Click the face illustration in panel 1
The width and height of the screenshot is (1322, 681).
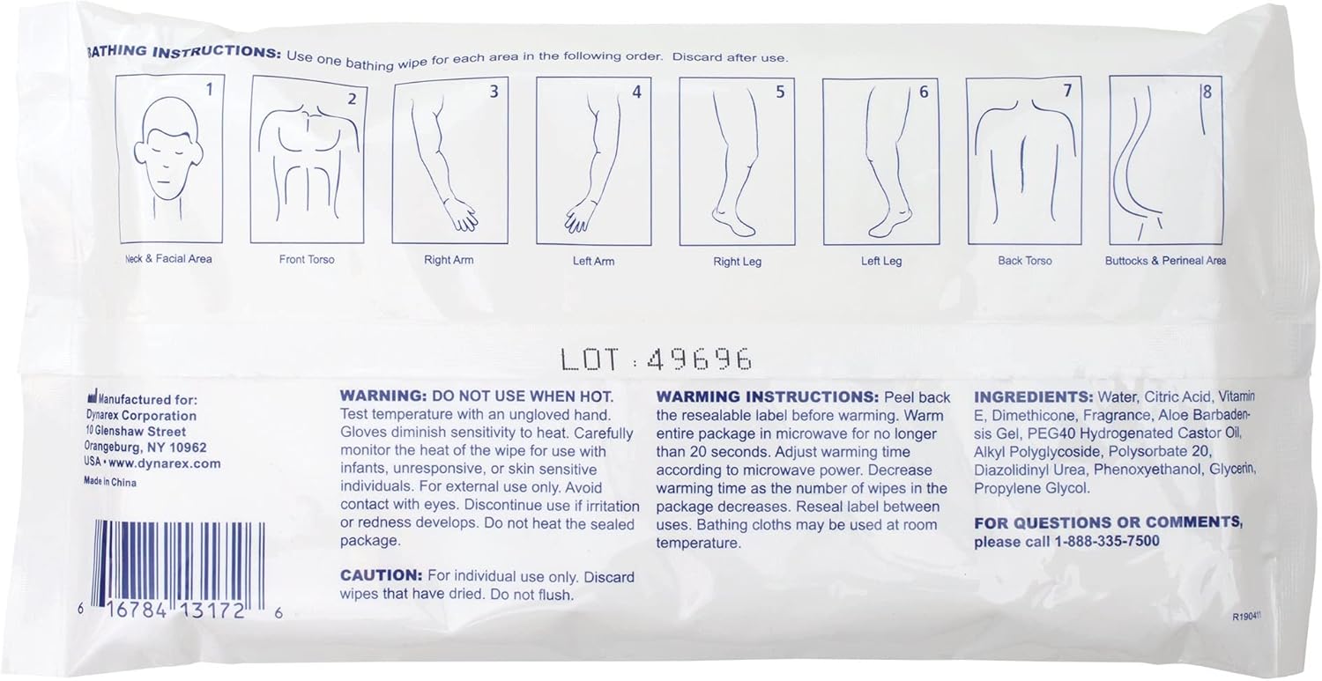click(x=169, y=157)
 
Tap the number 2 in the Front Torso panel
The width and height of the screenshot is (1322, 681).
click(x=352, y=99)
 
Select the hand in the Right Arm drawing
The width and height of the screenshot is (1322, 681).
click(x=460, y=216)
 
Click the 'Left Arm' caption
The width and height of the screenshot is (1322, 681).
click(x=593, y=261)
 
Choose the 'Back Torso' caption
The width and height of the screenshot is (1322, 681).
click(x=1024, y=260)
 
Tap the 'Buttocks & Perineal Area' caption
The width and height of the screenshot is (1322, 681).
click(x=1165, y=260)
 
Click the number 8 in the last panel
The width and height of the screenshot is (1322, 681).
click(x=1207, y=92)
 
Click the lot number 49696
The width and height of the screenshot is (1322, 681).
click(x=700, y=359)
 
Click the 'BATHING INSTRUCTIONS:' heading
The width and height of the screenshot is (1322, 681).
click(x=183, y=52)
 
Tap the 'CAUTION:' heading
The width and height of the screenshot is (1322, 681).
click(x=382, y=574)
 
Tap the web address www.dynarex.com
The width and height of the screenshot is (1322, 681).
click(x=165, y=463)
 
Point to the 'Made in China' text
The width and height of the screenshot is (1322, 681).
click(x=110, y=482)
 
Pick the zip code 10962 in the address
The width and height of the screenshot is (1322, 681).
click(x=188, y=448)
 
